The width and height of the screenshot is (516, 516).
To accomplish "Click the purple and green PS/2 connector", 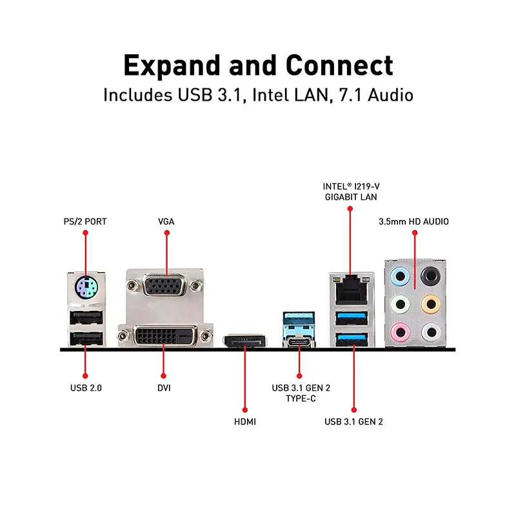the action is pos(86,287).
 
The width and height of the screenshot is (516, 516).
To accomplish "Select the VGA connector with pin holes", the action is pos(164,285).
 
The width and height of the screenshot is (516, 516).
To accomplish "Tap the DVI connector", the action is pos(165,336).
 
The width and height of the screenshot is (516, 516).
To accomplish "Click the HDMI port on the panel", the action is pos(245,341).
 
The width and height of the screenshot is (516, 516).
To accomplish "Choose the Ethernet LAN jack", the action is pos(351,290).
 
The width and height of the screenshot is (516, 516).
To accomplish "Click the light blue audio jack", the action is pos(400,277).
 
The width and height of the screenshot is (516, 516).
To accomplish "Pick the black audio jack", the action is pos(430,276).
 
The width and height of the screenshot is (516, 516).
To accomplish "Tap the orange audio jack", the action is pos(430,304).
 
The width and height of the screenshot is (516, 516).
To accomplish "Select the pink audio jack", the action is pos(400,332).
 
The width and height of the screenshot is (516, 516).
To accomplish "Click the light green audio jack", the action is pos(400,304).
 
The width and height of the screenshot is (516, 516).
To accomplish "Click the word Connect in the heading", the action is pos(339,65).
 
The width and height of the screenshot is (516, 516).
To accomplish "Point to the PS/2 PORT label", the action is pos(85,221).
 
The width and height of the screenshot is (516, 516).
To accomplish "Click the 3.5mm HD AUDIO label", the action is pos(413,221).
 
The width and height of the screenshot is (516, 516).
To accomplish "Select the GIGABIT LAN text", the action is pos(351,197).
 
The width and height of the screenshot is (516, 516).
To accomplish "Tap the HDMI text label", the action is pos(245,422).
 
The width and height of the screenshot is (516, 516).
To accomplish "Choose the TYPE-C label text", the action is pos(301,399).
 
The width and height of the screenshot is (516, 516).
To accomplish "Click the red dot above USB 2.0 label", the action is pos(85,376).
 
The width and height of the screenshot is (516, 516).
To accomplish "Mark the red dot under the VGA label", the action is pos(167,233).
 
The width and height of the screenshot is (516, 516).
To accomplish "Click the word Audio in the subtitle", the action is pos(390,95).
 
